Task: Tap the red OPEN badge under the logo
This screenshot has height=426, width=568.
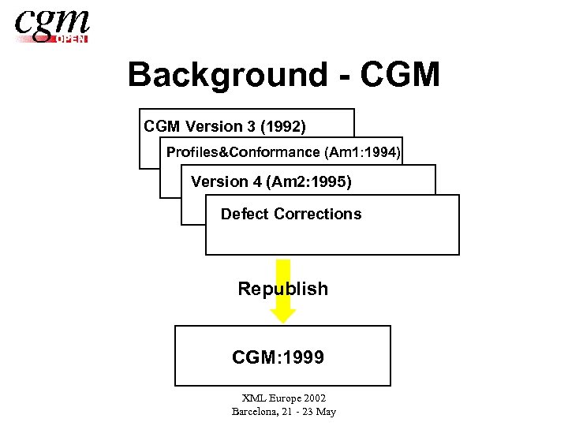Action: pos(71,39)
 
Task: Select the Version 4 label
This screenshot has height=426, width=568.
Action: pos(226,182)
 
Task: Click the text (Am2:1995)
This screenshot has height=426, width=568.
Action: pos(309,182)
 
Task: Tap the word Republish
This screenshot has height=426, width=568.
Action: pos(283,289)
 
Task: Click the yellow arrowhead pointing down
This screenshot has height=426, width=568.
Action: pos(283,313)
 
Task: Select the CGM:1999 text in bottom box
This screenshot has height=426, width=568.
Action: pos(278,357)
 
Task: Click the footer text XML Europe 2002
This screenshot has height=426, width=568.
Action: pos(283,398)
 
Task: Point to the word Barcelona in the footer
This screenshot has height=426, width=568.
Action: pos(257,411)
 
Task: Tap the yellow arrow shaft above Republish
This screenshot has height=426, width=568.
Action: pos(283,269)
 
